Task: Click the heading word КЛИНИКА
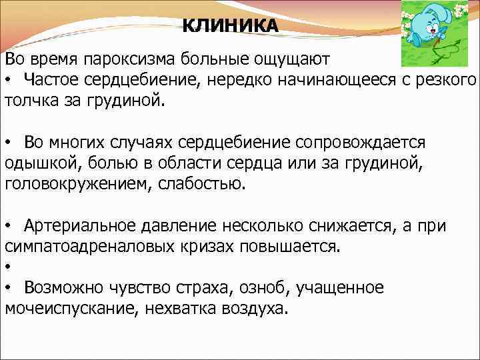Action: (x=231, y=25)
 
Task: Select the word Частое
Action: (x=51, y=80)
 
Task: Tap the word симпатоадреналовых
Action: (x=91, y=247)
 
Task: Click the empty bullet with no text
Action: (x=9, y=268)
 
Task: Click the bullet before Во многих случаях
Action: (x=9, y=143)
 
